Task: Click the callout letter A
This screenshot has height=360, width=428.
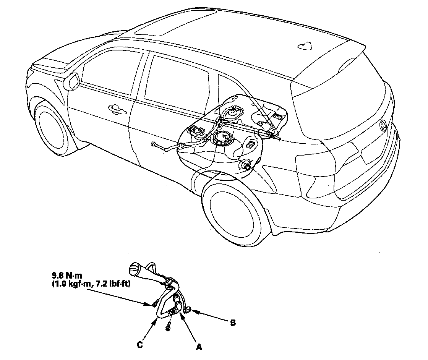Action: pos(199,347)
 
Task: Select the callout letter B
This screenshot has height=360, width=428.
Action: pos(233,323)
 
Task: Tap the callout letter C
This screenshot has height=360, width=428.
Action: pos(140,345)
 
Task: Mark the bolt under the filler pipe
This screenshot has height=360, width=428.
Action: pos(168,326)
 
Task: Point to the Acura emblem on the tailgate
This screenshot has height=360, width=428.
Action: pos(384,124)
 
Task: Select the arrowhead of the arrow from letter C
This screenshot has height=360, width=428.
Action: pos(156,320)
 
